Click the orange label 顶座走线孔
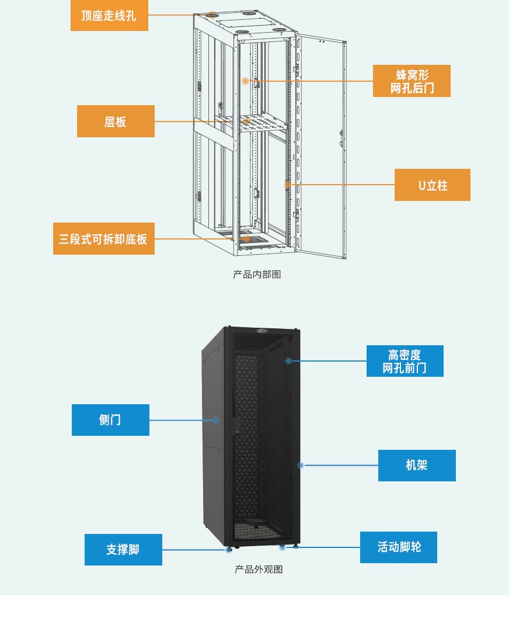tap(109, 15)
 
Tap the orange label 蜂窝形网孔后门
tap(412, 81)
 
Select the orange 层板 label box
tap(116, 122)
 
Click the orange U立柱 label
tap(432, 185)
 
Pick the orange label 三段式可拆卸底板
tap(104, 239)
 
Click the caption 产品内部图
tap(257, 275)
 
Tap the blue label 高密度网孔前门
tap(405, 361)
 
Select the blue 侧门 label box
tap(110, 419)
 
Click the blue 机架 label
tap(417, 466)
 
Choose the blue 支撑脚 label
tap(123, 550)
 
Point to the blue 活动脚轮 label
tap(399, 547)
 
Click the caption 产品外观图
tap(259, 569)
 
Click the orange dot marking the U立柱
tap(287, 185)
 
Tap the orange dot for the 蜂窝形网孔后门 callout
tap(245, 81)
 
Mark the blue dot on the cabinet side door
tap(216, 420)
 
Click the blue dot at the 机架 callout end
tap(301, 466)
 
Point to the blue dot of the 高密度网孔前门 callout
tap(288, 361)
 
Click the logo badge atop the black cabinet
tap(262, 331)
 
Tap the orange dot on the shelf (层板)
tap(246, 120)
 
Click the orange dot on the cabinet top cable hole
tap(212, 15)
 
